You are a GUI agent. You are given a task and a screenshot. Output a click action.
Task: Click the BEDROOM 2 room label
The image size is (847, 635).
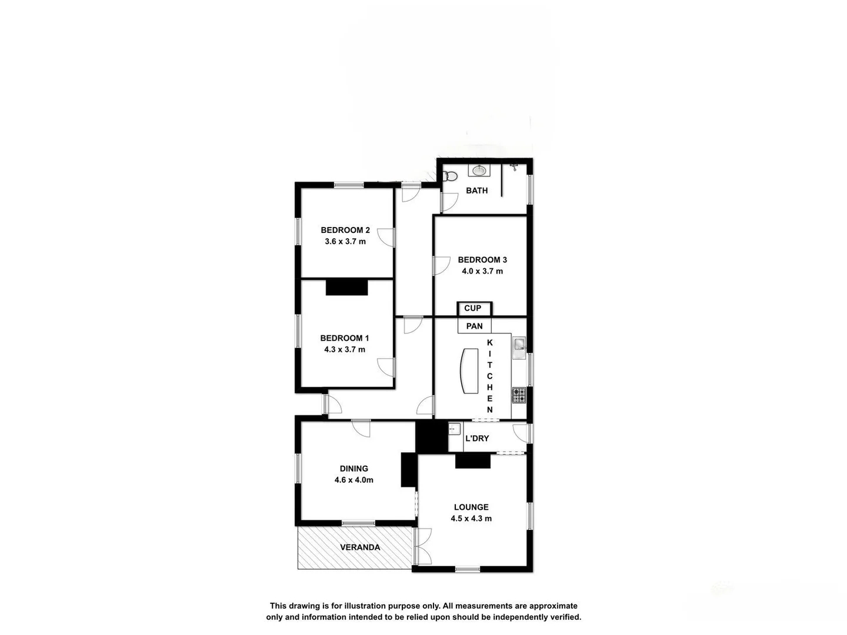point(345,230)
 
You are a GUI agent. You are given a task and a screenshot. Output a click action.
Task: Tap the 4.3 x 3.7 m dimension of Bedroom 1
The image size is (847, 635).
point(345,349)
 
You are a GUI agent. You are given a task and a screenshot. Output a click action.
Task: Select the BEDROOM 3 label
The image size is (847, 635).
point(482,259)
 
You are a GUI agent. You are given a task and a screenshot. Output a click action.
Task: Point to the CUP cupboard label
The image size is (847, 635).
point(472,308)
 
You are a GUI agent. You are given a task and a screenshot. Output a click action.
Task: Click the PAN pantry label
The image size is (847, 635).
point(474,326)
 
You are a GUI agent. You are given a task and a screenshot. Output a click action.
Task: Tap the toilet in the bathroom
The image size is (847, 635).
point(450,176)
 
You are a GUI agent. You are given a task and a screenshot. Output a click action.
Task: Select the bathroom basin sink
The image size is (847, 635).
point(479,171)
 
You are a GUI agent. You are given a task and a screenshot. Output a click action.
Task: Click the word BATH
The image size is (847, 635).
point(476,190)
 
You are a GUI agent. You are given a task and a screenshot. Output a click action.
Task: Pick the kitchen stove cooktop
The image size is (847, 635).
point(518,395)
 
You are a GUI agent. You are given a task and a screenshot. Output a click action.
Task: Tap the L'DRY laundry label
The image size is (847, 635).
point(476,438)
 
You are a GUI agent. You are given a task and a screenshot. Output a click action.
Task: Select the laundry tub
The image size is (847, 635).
point(454,430)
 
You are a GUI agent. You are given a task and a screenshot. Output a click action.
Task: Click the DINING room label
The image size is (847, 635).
point(354,469)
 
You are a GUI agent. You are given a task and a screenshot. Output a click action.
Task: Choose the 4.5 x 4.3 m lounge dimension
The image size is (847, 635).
point(471,519)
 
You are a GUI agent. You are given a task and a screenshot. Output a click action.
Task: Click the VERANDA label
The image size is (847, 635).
point(360,547)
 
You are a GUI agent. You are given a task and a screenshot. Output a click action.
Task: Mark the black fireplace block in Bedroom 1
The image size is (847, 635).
point(346,287)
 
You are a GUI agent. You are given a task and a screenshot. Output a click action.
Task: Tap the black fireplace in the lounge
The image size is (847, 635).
point(473,461)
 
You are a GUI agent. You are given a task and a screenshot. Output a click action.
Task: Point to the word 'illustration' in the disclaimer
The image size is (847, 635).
point(362,606)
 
